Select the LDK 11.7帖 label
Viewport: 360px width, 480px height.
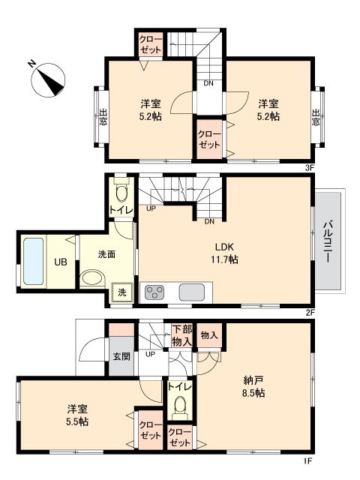tap(224, 253)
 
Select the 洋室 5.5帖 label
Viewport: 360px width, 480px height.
tap(76, 415)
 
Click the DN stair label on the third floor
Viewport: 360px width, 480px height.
tap(208, 83)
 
